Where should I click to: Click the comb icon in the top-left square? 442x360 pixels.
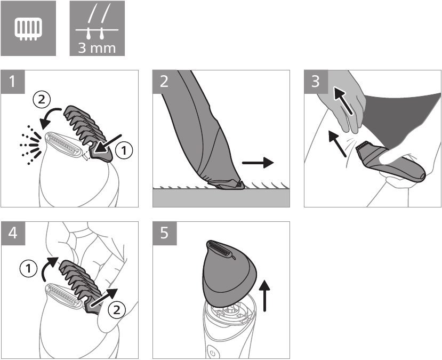(x=27, y=28)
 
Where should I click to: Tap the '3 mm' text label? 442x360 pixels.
(x=97, y=47)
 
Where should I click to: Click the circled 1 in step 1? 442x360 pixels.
(x=124, y=151)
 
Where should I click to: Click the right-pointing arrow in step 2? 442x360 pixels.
(x=258, y=162)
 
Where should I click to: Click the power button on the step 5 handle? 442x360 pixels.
(x=212, y=353)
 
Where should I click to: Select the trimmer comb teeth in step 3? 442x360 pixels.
(x=364, y=147)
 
